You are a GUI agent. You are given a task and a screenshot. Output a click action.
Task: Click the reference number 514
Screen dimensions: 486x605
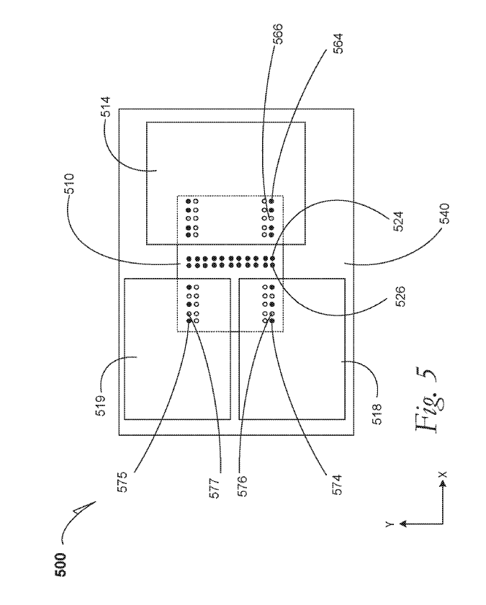(106, 107)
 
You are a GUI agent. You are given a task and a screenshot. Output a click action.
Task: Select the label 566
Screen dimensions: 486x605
(278, 34)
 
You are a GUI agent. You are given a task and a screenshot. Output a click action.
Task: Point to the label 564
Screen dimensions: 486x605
(338, 44)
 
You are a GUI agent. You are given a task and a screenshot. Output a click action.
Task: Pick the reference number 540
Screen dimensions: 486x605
(444, 213)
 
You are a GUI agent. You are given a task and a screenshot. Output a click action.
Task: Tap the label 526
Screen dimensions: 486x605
(400, 296)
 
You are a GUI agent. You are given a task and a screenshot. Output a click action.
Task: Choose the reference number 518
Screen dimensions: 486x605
(377, 413)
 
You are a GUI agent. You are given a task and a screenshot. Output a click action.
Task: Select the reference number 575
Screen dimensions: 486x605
(122, 482)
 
